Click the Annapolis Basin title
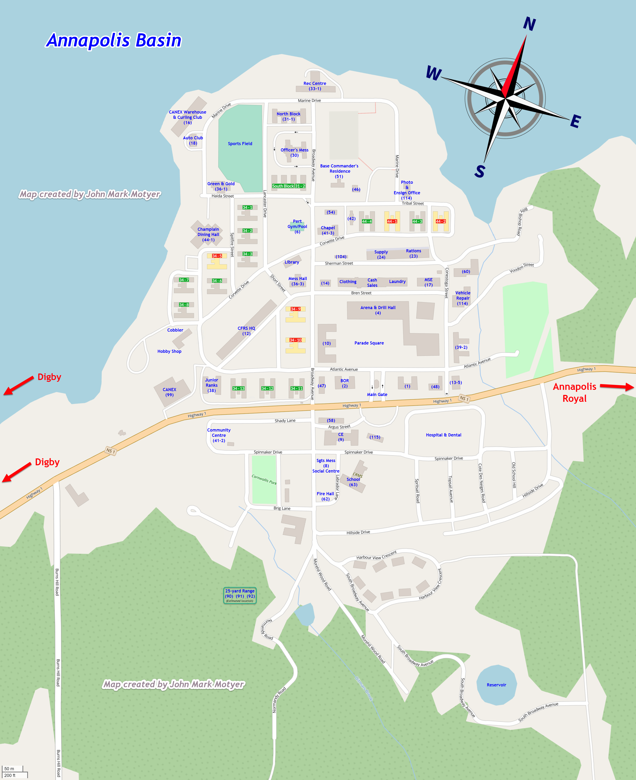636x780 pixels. coord(114,40)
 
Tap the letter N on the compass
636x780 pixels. coord(529,24)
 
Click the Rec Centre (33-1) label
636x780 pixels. coord(315,86)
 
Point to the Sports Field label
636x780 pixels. coord(240,143)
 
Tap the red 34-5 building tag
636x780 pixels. coord(217,256)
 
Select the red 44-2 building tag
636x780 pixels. coord(441,221)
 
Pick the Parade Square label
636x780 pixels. coord(369,343)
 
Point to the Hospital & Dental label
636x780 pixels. coord(443,435)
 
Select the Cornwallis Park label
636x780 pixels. coord(264,480)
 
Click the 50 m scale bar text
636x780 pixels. coord(9,769)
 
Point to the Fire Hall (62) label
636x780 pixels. coord(325,496)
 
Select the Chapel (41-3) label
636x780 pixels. coord(328,230)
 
